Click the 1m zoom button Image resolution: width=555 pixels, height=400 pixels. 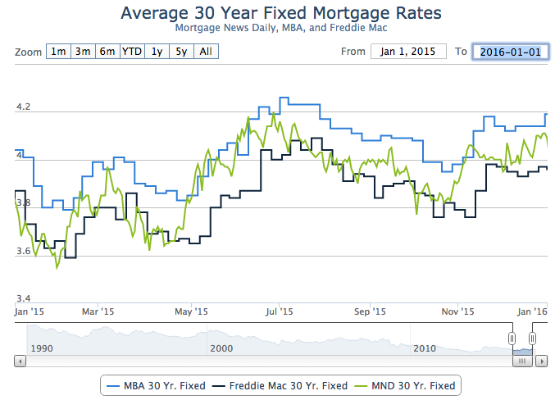click(58, 52)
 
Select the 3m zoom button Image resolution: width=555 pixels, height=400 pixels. click(83, 52)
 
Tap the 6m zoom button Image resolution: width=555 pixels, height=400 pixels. click(107, 52)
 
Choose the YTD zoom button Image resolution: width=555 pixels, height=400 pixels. click(131, 52)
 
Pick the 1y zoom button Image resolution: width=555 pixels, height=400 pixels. click(156, 52)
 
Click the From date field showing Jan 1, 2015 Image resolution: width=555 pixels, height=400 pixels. click(408, 52)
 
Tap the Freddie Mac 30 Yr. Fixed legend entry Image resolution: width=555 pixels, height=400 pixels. click(280, 384)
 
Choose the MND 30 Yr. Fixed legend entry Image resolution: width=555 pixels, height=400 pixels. click(406, 384)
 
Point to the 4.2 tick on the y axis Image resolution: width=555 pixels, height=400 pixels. click(23, 107)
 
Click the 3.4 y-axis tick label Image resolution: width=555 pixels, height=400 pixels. click(23, 298)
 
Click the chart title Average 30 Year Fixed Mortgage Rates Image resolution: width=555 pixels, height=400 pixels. click(280, 13)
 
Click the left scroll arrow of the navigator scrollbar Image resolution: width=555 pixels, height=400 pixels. click(20, 361)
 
